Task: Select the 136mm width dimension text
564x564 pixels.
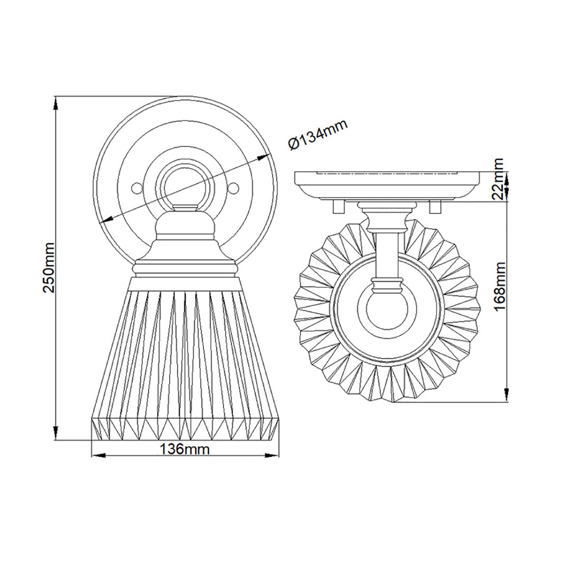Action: click(184, 449)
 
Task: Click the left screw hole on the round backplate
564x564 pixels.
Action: click(136, 188)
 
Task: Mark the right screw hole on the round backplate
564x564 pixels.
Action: click(234, 188)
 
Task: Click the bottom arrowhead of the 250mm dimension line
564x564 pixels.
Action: click(56, 434)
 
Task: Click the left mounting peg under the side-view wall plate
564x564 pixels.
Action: click(337, 207)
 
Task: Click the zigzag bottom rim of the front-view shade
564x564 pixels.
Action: click(185, 428)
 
